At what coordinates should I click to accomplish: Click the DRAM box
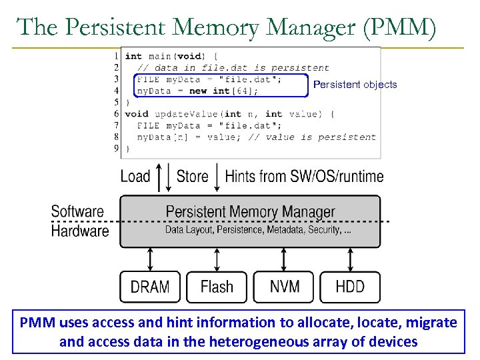click(150, 287)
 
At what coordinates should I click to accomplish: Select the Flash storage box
click(217, 287)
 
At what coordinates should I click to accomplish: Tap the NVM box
click(284, 287)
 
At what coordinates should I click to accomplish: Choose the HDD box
click(350, 287)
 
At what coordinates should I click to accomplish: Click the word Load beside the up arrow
click(135, 177)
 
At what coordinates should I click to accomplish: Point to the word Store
click(192, 177)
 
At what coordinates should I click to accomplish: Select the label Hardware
click(79, 231)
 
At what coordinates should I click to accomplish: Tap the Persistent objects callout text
click(355, 85)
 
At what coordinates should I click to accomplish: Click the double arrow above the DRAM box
click(150, 259)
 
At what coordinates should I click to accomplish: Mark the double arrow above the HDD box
click(350, 259)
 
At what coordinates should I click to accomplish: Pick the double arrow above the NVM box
click(284, 259)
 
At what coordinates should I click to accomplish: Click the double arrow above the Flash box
click(217, 259)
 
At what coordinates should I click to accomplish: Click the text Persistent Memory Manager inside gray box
click(250, 212)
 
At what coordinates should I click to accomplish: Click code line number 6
click(117, 113)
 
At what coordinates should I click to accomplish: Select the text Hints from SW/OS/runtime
click(304, 177)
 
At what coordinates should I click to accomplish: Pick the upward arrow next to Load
click(157, 177)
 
